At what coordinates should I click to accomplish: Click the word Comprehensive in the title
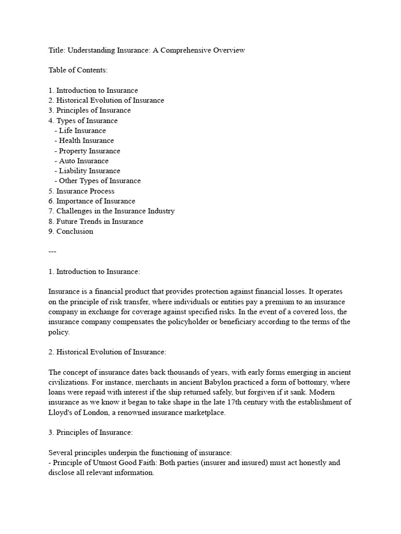(x=188, y=50)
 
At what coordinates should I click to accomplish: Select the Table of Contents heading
(x=78, y=70)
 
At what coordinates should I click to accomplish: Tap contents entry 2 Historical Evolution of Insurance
(x=106, y=100)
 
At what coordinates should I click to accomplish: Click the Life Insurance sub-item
(x=82, y=130)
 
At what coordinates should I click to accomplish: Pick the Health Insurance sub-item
(x=86, y=140)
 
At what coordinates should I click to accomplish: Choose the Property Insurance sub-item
(x=89, y=151)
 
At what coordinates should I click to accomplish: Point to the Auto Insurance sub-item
(x=84, y=161)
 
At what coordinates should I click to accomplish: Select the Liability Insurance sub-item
(x=89, y=171)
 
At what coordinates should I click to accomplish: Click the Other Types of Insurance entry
(x=100, y=181)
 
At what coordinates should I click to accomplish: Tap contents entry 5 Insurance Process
(x=81, y=191)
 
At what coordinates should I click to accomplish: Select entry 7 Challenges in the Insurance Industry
(x=112, y=211)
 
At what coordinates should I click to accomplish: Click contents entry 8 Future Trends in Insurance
(x=96, y=221)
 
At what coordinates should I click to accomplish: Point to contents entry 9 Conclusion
(x=71, y=232)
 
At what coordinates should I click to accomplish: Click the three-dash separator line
(x=52, y=251)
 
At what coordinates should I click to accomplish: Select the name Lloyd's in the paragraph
(x=63, y=412)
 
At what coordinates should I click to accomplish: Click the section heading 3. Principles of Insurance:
(x=91, y=432)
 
